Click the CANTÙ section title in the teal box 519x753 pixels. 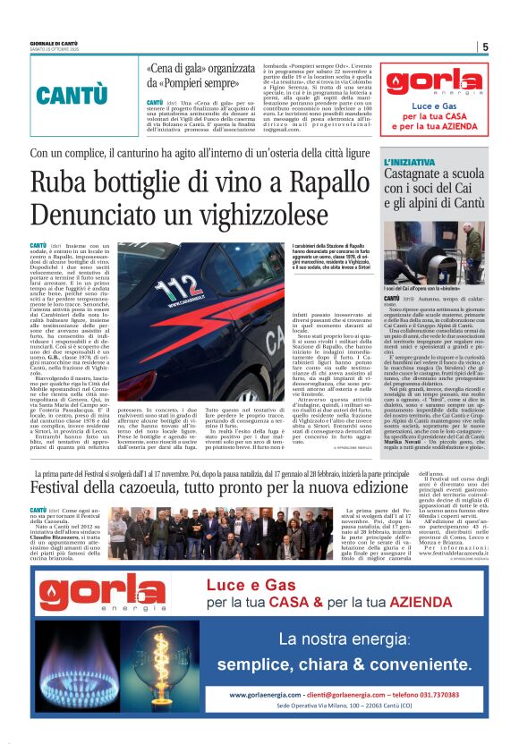tap(72, 96)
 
